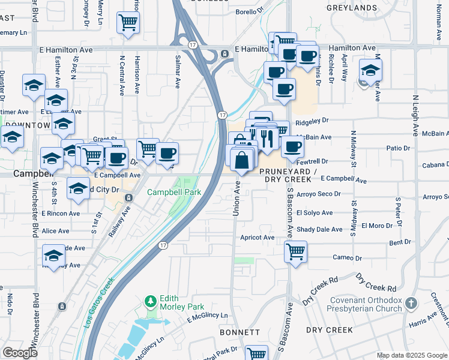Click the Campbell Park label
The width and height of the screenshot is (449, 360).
[174, 193]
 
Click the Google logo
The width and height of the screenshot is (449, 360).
[19, 353]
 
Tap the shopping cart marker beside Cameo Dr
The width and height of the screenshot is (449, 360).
[295, 251]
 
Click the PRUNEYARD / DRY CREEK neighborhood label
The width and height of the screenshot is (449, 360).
[288, 175]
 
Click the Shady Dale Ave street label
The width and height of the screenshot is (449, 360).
[319, 229]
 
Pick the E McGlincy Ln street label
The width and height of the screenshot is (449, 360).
[208, 316]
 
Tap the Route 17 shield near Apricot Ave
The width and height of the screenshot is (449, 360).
[163, 245]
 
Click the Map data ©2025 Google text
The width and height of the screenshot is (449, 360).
[412, 355]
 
